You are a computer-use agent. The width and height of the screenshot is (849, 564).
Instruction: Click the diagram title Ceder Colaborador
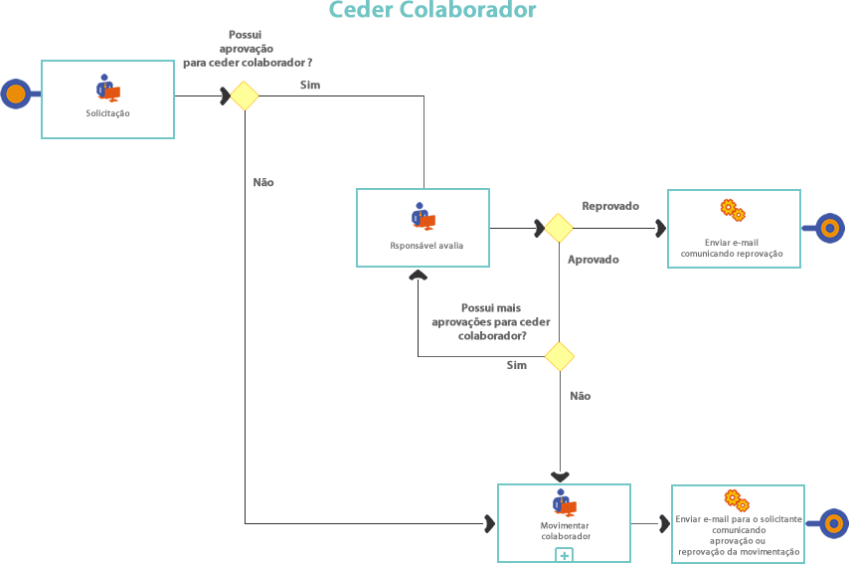[432, 11]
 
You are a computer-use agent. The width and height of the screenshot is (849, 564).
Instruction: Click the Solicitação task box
[107, 98]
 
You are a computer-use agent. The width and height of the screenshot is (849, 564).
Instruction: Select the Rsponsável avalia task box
[424, 228]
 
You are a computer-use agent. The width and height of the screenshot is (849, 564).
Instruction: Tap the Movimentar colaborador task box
[564, 523]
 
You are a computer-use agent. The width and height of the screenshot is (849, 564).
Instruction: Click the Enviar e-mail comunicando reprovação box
[733, 228]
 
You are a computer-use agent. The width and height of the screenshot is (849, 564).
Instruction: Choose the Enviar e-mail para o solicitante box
[738, 523]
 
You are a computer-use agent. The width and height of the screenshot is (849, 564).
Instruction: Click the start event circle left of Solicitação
[15, 94]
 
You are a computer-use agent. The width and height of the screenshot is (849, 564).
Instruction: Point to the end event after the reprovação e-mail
[830, 228]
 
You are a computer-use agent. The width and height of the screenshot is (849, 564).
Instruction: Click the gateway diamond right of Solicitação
[245, 95]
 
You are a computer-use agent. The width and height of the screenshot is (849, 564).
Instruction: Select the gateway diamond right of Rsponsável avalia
[559, 228]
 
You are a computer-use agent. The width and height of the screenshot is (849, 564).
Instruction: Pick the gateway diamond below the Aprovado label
[559, 356]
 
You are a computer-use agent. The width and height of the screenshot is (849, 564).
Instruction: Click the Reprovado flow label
[609, 206]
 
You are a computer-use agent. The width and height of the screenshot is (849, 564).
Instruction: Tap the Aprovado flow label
[593, 260]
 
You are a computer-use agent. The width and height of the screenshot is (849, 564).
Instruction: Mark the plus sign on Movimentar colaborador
[564, 555]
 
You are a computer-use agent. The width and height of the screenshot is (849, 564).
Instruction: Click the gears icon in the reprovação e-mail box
[733, 210]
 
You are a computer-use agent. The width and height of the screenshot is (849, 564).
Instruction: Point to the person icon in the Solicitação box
[107, 88]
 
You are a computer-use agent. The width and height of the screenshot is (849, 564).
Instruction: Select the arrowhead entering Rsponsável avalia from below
[418, 274]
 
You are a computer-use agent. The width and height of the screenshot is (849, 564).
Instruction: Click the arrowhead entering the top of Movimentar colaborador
[560, 477]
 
